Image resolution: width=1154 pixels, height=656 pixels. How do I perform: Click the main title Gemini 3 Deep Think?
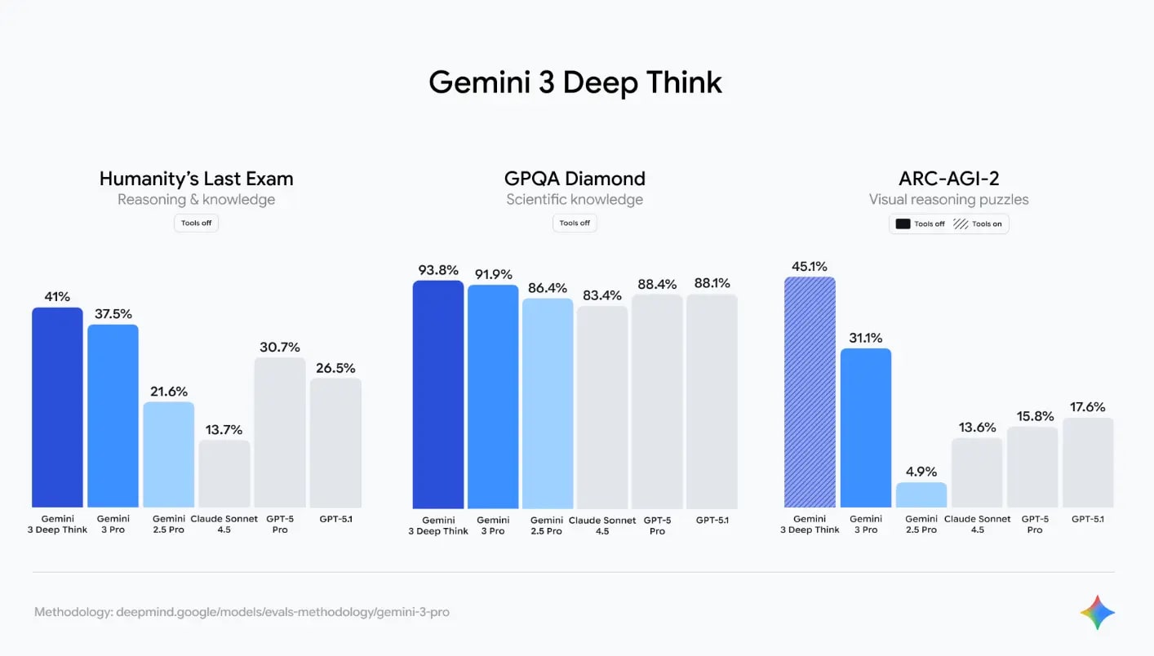(x=575, y=82)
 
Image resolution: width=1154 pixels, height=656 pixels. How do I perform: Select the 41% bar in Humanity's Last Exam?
(x=57, y=407)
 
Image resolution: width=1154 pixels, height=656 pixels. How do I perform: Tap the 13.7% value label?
(x=224, y=430)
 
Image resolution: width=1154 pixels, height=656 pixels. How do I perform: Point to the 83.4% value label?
(x=602, y=295)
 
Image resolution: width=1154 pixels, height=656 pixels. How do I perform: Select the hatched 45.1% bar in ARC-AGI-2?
(x=810, y=392)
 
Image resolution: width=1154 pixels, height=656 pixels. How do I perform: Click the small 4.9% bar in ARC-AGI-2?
(x=921, y=495)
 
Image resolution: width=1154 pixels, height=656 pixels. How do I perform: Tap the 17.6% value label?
(x=1088, y=407)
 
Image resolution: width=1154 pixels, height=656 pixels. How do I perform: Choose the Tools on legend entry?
(x=978, y=224)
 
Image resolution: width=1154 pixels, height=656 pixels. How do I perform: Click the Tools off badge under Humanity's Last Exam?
(x=196, y=223)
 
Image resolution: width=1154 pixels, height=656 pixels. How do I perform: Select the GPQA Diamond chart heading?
(x=575, y=179)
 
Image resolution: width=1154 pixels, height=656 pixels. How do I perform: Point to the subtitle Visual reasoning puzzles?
(x=948, y=199)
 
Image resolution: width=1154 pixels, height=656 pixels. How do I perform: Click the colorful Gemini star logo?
(x=1097, y=612)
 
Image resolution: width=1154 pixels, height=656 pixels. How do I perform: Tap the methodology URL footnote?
(x=242, y=612)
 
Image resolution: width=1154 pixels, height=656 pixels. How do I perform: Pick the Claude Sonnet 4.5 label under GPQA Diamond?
(x=602, y=525)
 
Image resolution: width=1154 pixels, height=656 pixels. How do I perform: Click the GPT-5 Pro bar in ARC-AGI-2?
(x=1032, y=467)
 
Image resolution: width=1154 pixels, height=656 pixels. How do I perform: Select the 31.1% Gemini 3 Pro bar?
(x=866, y=428)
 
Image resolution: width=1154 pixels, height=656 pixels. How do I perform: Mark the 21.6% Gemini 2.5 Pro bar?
(x=169, y=454)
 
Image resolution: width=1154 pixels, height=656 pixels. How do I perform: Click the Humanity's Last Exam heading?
(x=196, y=179)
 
